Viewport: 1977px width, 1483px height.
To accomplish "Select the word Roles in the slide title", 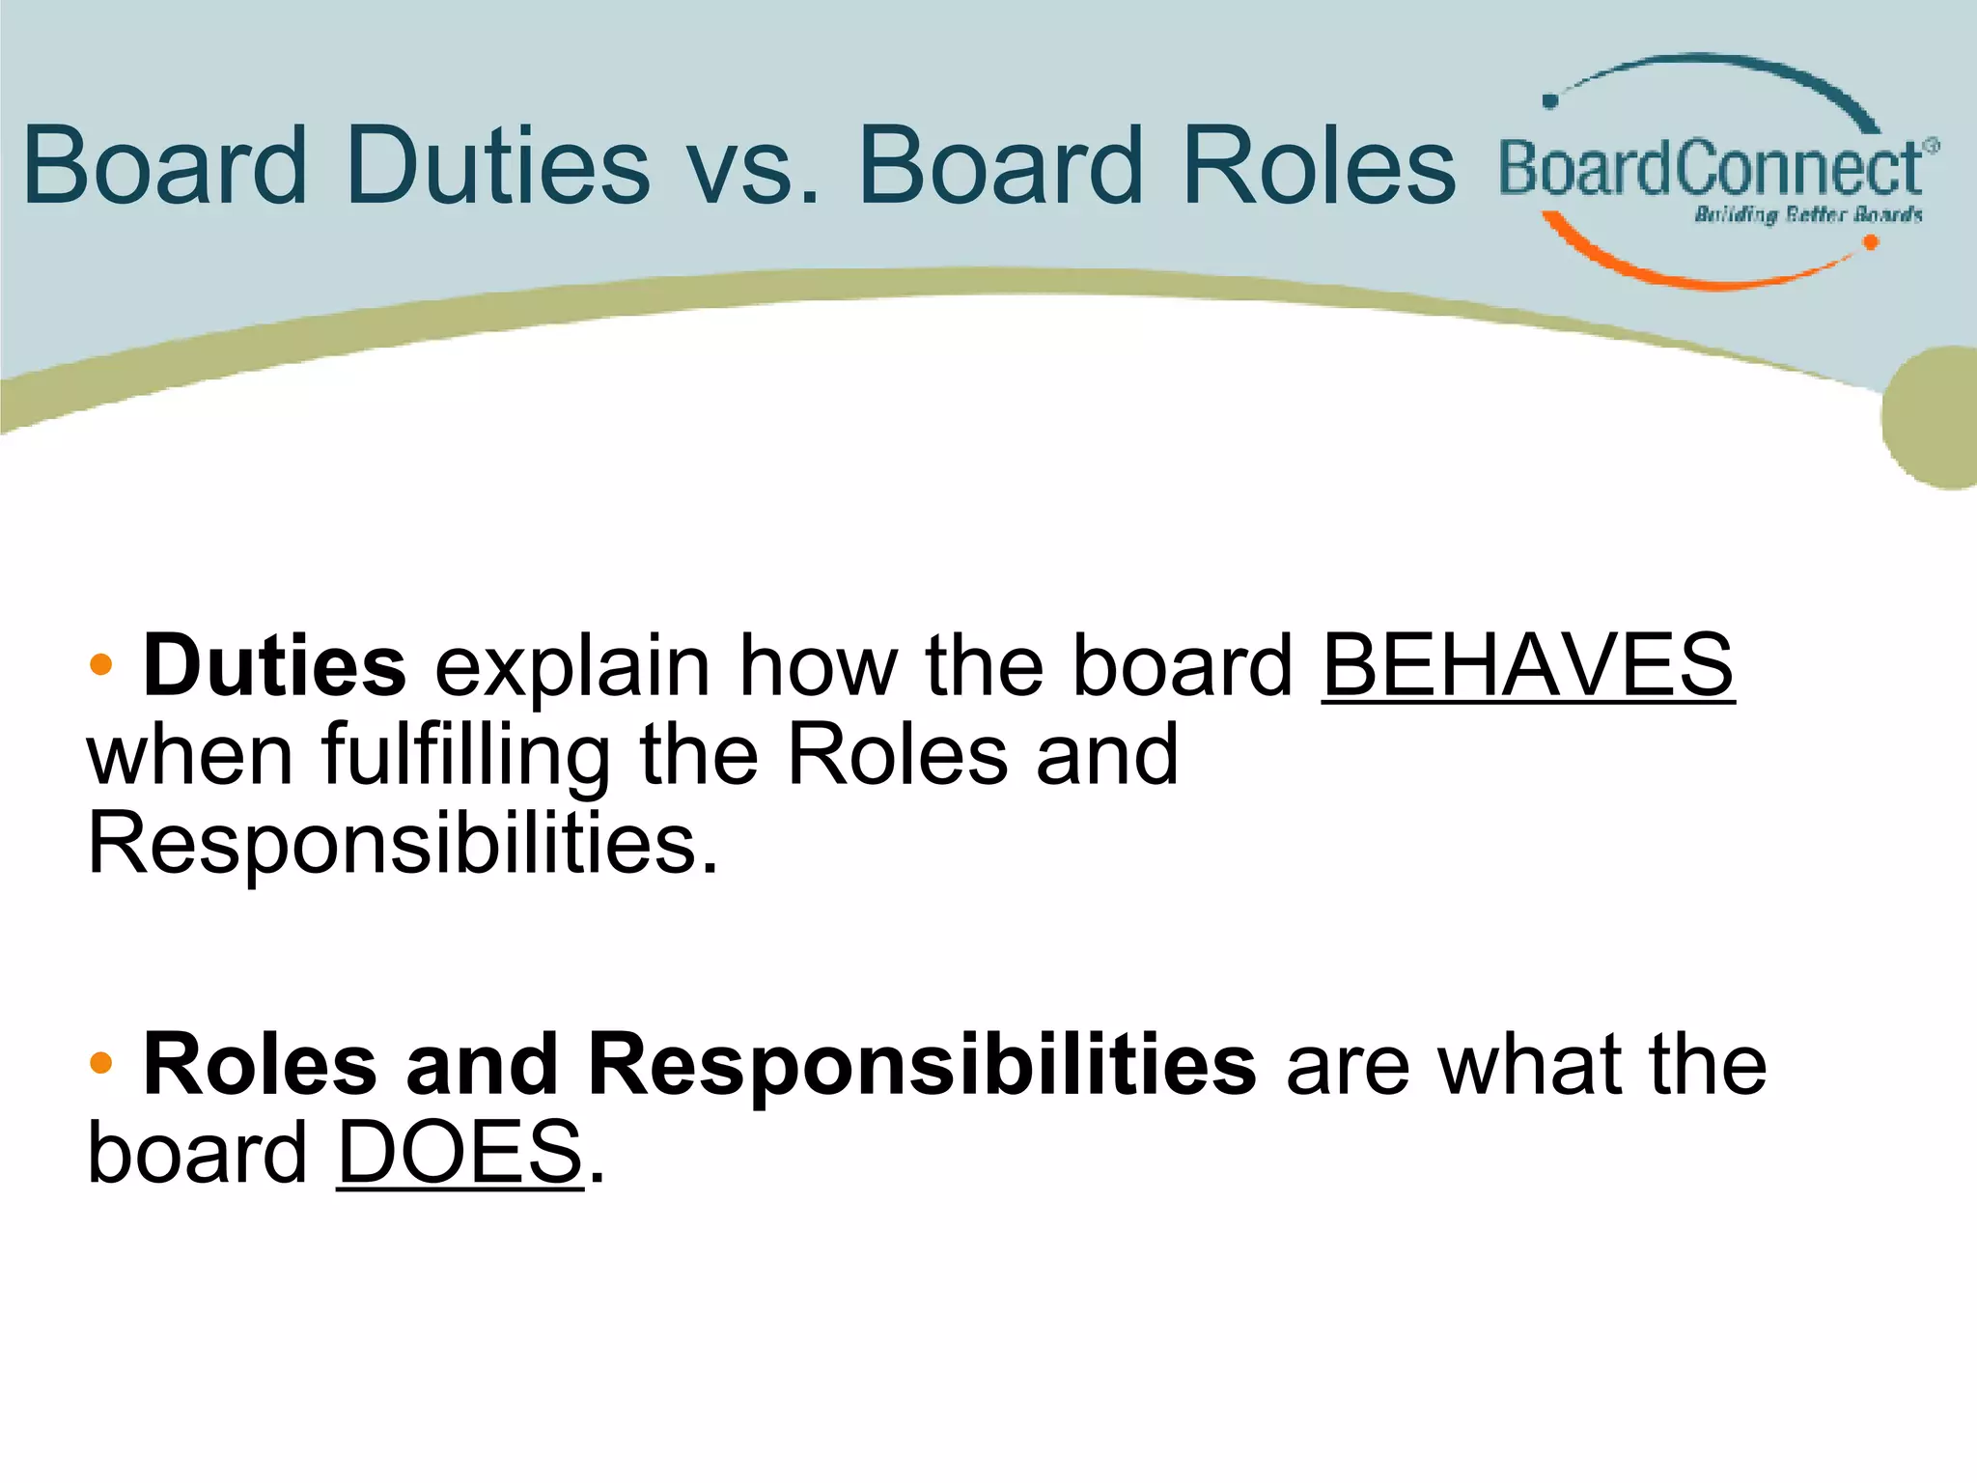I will [x=1319, y=166].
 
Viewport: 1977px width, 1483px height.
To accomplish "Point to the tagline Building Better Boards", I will [x=1808, y=214].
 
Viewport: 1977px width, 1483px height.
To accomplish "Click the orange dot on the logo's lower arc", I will [x=1870, y=242].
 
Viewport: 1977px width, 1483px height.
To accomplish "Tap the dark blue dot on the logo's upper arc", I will [x=1551, y=100].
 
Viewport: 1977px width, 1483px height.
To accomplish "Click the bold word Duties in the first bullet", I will [x=274, y=666].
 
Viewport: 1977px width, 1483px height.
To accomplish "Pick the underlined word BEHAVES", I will [x=1527, y=666].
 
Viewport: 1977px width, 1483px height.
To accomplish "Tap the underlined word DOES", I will [x=460, y=1153].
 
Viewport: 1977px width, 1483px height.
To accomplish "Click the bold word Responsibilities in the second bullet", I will [x=922, y=1065].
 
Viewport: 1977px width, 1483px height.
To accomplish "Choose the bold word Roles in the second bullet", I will [x=260, y=1065].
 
